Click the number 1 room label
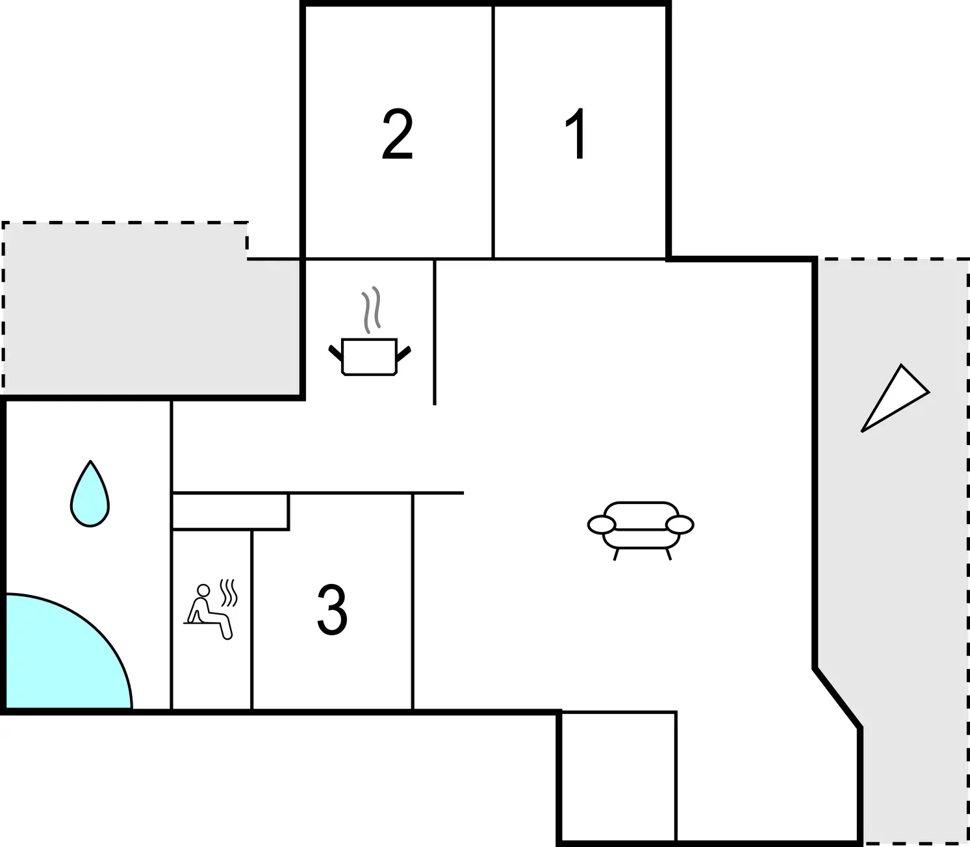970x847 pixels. [x=576, y=134]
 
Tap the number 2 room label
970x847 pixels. [x=397, y=134]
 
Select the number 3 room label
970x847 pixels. [x=332, y=609]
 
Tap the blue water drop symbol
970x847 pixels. [x=90, y=496]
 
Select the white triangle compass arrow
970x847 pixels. [x=894, y=398]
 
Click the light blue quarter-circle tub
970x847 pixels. [x=58, y=656]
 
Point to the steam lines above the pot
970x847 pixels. [x=371, y=310]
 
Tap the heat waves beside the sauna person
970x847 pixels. [x=229, y=592]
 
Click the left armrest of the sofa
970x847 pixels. [x=601, y=524]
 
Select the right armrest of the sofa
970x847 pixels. [x=680, y=524]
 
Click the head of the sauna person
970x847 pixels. [x=203, y=590]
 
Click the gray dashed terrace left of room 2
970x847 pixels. [x=143, y=312]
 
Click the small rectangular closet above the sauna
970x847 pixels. [x=230, y=512]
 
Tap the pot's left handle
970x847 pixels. [x=335, y=353]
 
